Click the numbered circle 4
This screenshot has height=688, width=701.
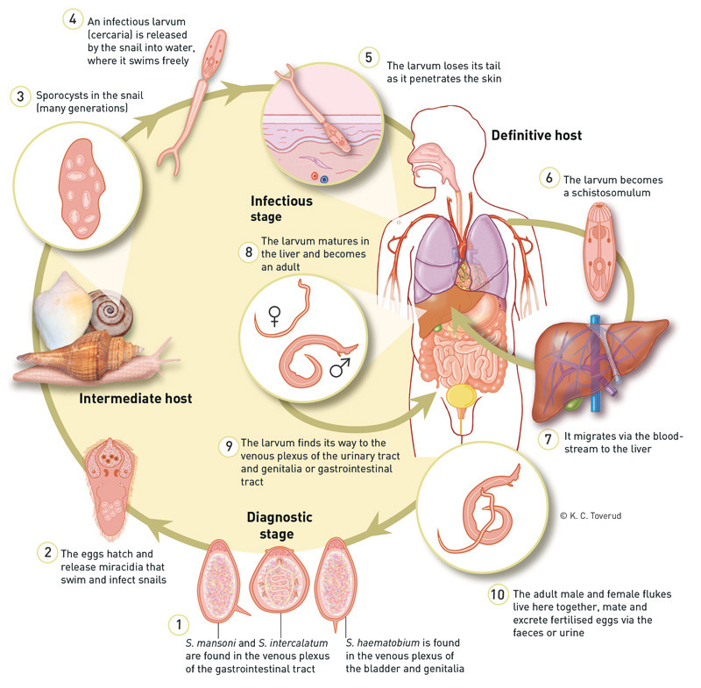(70, 18)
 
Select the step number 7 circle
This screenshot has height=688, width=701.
(548, 438)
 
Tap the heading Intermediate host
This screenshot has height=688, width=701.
(136, 400)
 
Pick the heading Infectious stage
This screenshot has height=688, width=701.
(281, 209)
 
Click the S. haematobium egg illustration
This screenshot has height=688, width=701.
(338, 582)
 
